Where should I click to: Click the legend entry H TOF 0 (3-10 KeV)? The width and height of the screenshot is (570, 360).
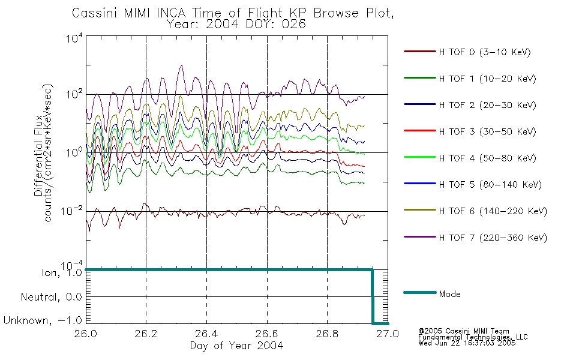467,52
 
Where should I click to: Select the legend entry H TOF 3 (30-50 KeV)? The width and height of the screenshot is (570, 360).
470,131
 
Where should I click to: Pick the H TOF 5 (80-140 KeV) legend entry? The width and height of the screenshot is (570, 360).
473,184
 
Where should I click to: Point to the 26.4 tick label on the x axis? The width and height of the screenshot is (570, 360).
206,334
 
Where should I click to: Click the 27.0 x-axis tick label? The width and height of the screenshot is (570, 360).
388,334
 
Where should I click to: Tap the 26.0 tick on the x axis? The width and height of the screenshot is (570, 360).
86,334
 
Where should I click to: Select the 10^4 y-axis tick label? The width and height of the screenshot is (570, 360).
74,38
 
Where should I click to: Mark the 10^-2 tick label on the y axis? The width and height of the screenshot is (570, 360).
71,211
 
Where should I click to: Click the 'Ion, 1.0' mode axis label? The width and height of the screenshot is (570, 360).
62,272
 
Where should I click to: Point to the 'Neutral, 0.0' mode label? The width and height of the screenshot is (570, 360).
51,297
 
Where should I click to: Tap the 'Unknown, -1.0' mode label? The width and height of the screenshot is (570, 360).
43,320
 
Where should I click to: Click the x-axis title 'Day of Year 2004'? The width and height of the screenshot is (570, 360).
236,346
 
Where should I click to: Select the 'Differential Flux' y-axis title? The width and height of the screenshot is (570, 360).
38,155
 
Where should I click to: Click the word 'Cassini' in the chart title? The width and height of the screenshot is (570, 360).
95,13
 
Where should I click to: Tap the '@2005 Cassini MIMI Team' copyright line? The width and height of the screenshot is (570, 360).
463,331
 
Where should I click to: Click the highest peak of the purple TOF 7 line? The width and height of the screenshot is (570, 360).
181,65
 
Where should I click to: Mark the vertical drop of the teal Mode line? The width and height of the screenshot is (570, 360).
372,296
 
